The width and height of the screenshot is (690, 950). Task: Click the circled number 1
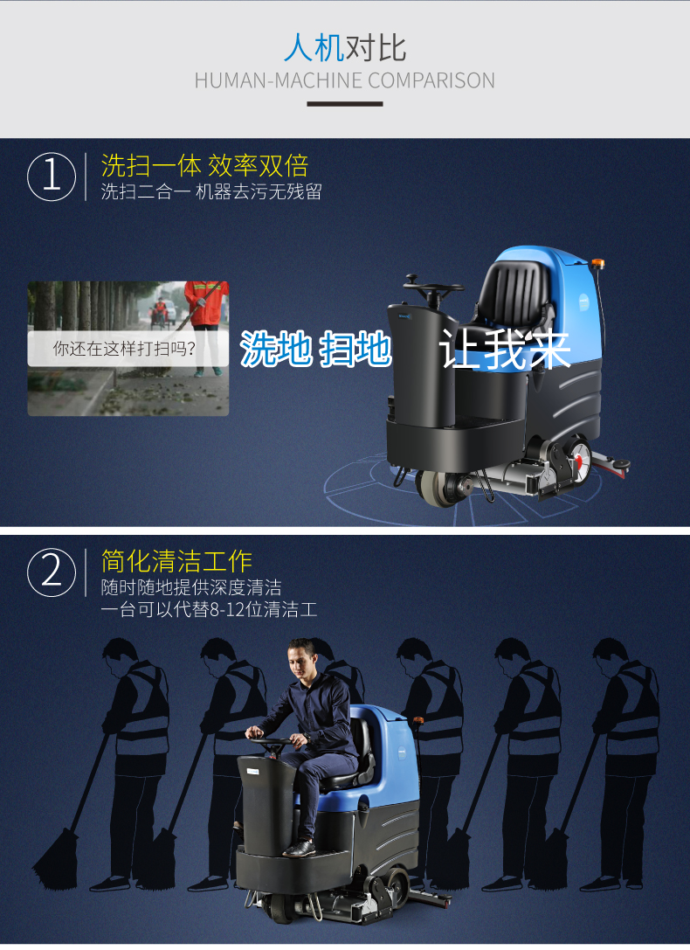click(52, 177)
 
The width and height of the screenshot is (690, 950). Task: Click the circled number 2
click(52, 572)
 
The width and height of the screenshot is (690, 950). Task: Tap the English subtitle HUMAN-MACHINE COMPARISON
click(345, 80)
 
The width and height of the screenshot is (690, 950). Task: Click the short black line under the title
click(345, 104)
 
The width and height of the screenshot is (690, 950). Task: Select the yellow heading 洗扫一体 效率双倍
click(204, 165)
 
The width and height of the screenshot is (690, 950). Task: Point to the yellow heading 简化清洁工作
click(176, 561)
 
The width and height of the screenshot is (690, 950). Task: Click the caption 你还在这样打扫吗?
click(124, 349)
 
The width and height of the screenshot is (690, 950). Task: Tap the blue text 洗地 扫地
click(316, 349)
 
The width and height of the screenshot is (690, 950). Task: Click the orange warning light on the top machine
click(597, 264)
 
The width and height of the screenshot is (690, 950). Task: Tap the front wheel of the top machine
click(436, 487)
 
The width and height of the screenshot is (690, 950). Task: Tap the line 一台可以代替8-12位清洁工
click(209, 609)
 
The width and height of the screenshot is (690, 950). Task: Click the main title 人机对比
click(345, 48)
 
